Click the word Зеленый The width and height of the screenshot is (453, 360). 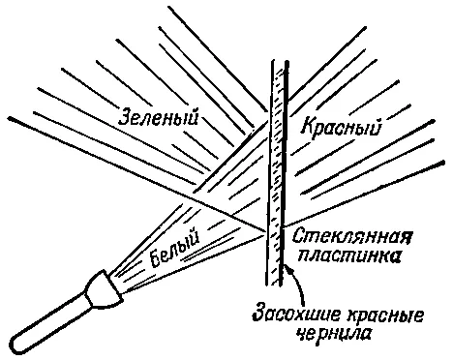coord(158,117)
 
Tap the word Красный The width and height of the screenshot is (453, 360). coord(341,127)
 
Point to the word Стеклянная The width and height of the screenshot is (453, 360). coord(352,237)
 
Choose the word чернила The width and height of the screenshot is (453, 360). coord(333,334)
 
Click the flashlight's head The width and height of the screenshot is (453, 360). coord(104,291)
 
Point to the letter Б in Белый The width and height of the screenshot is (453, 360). coord(157,259)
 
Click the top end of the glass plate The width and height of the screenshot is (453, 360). coord(279,61)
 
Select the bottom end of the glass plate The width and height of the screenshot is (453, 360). coord(274,285)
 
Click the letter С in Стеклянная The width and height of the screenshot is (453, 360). coord(298,237)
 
